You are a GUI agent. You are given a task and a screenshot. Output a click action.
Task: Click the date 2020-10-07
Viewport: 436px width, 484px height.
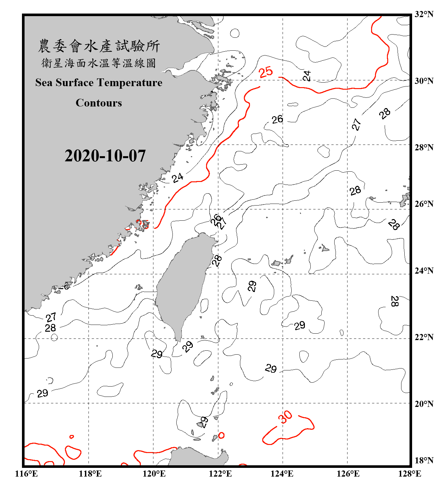pos(105,156)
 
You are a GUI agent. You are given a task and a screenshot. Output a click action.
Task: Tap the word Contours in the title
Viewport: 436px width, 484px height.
pos(99,103)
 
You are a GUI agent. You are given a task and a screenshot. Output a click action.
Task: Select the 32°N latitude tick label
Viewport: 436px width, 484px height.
pos(424,14)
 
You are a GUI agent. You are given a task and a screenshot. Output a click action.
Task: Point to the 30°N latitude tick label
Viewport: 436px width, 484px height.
pos(424,81)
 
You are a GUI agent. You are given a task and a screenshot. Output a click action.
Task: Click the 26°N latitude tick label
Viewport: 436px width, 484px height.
pos(424,204)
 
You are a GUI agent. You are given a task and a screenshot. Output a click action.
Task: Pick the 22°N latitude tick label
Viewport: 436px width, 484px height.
pos(424,337)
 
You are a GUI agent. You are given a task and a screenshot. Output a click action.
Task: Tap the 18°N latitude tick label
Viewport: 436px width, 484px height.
pos(424,460)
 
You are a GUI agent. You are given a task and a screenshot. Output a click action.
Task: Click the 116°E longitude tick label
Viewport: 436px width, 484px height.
pos(26,474)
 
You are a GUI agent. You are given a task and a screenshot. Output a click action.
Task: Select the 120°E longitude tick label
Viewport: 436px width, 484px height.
pos(154,474)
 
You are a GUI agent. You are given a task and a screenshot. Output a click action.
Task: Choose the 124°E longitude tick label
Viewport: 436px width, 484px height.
pos(282,474)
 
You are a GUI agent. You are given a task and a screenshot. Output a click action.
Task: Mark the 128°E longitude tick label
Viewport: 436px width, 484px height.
pos(410,474)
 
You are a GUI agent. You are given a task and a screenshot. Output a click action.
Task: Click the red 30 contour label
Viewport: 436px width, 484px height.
pos(285,417)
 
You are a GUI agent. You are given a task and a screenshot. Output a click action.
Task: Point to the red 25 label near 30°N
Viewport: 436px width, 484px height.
pos(266,72)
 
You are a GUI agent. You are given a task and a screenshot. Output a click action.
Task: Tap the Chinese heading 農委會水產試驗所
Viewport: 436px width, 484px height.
pos(99,46)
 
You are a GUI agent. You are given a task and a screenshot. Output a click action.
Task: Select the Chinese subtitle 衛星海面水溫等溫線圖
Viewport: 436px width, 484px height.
pos(99,63)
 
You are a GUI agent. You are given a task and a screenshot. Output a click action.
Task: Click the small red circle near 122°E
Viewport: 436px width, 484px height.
pos(221,435)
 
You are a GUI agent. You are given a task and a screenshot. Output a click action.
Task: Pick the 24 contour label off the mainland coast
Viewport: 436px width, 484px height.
pos(177,177)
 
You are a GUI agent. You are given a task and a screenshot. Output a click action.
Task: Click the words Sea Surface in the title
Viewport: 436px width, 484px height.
pos(64,83)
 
